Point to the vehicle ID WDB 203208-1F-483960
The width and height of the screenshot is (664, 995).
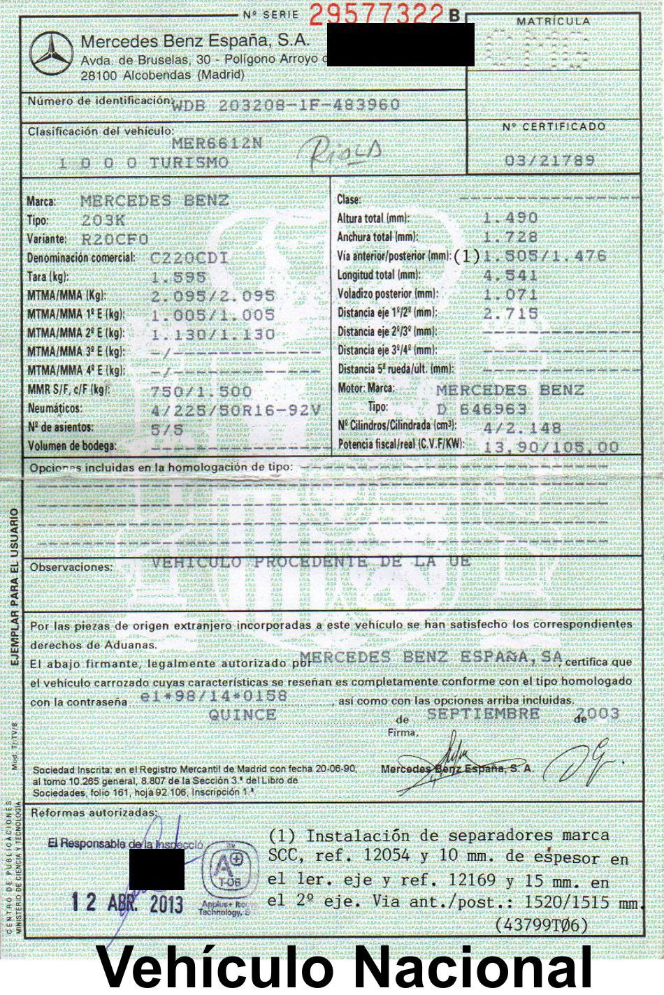click(x=286, y=105)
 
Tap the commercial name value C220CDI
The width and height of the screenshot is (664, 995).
click(x=189, y=258)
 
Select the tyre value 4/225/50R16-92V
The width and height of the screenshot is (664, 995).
click(x=236, y=409)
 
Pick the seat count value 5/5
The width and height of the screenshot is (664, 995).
click(x=166, y=428)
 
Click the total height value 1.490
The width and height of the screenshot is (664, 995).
click(x=510, y=218)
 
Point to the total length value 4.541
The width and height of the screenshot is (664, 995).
click(x=510, y=275)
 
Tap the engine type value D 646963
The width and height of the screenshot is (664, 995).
click(x=482, y=409)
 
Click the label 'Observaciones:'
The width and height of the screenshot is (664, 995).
click(x=71, y=567)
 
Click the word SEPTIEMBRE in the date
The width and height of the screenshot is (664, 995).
click(x=483, y=713)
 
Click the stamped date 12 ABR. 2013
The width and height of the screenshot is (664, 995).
click(x=127, y=902)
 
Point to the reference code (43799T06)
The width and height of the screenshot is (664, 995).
click(x=541, y=924)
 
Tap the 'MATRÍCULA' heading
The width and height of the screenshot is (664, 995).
click(x=554, y=22)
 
